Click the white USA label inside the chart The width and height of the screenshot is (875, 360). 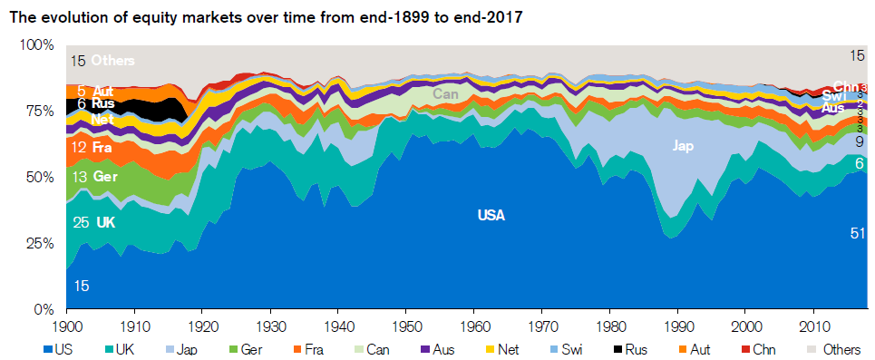491,216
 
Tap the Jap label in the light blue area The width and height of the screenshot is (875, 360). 684,145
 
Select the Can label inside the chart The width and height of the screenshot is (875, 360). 445,93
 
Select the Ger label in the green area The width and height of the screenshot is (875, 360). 106,177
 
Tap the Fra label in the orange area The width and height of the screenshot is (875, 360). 102,147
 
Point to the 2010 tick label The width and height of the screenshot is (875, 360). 813,325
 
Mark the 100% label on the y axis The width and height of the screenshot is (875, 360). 38,44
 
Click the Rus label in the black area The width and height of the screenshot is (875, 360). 102,104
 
